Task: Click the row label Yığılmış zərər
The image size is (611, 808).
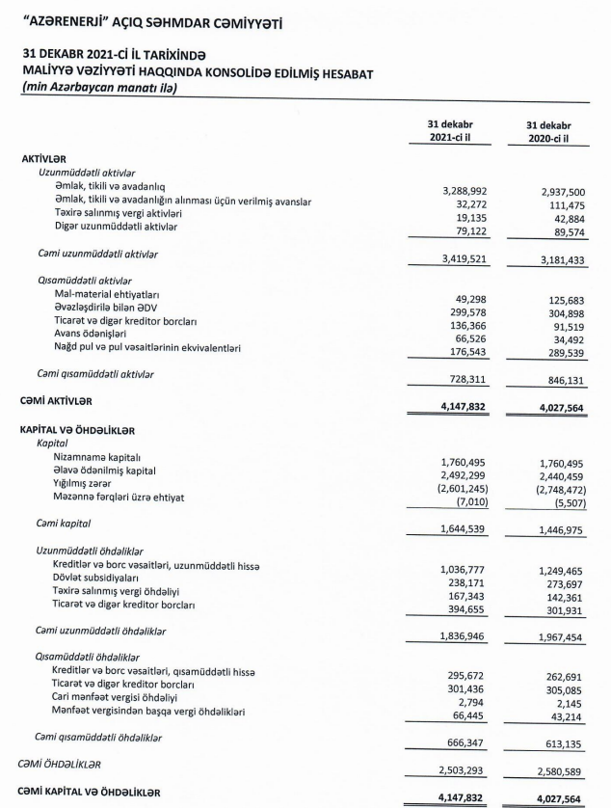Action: tap(90, 484)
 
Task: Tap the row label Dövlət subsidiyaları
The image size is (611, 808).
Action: tap(99, 578)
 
